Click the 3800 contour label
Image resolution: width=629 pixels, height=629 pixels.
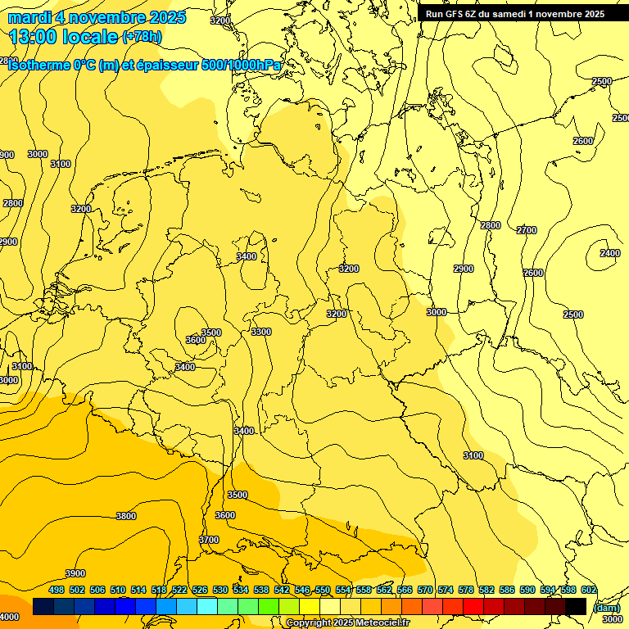[x=126, y=516]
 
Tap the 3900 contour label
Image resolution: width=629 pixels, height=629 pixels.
[x=75, y=573]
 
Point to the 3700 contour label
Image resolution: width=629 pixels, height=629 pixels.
[x=209, y=540]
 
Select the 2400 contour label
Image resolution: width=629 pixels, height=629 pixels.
[x=609, y=253]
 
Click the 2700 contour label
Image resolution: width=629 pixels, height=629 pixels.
[x=527, y=230]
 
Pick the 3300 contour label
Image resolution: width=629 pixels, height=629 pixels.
[x=261, y=332]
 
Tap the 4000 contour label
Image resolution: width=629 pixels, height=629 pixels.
[x=9, y=617]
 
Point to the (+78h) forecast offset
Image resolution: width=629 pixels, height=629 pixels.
[x=142, y=37]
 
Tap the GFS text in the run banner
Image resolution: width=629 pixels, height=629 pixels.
[x=455, y=14]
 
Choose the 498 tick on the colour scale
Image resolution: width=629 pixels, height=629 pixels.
[x=57, y=590]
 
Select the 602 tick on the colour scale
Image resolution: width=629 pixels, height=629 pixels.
[x=589, y=590]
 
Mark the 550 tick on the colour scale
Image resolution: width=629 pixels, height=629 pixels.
[x=323, y=590]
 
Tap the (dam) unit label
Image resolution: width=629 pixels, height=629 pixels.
[x=606, y=608]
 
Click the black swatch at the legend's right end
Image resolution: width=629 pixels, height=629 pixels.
[x=576, y=606]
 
